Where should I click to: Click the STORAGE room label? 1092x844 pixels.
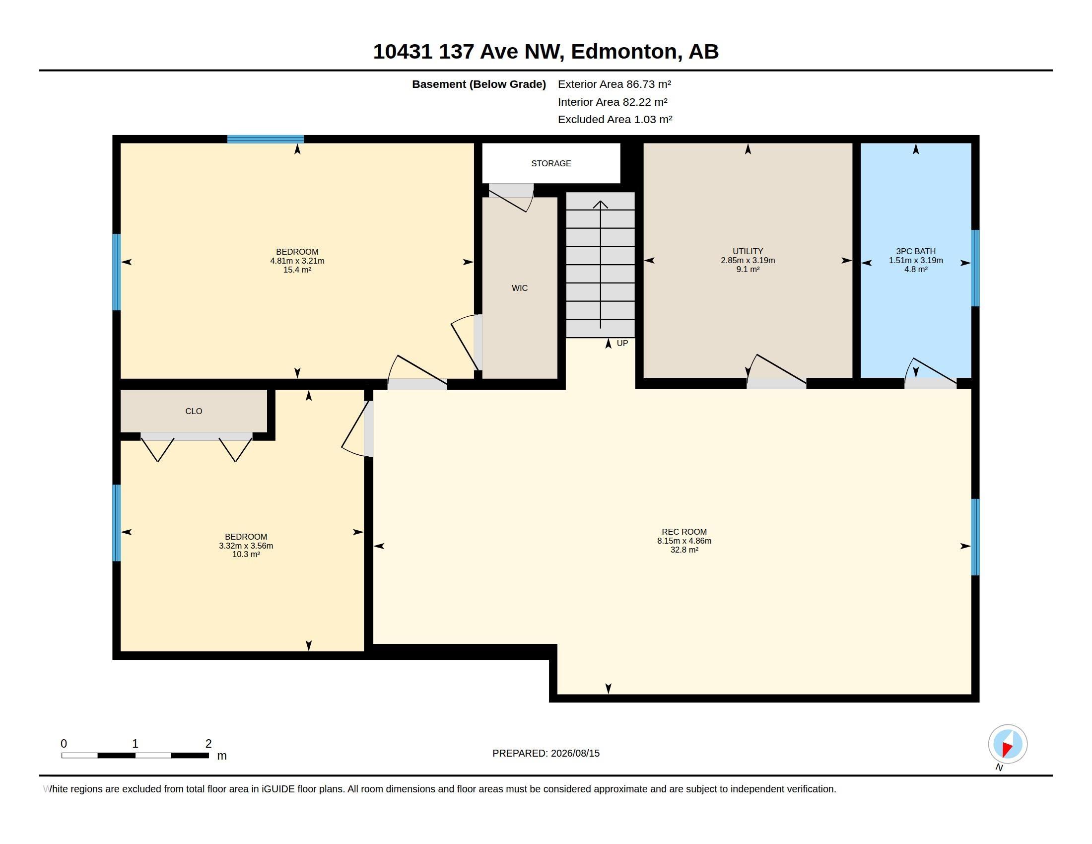[551, 163]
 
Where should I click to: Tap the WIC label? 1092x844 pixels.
[520, 288]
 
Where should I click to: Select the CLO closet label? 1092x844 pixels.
[194, 411]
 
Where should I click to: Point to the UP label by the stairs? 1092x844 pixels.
[622, 343]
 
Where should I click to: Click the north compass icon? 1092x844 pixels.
[1008, 745]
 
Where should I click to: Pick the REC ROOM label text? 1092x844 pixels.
[684, 532]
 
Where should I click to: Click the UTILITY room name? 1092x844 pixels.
[748, 252]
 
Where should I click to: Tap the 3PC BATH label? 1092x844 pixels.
[915, 252]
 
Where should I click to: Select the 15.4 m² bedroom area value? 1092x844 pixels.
[297, 270]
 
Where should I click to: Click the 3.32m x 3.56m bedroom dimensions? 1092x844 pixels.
[246, 546]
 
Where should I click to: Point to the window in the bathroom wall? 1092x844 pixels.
[975, 268]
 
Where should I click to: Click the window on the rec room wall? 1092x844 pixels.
[975, 537]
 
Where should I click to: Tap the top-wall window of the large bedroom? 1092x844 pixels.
[266, 139]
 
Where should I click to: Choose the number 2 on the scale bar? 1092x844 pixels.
[208, 744]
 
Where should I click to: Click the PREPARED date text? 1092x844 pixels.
[546, 753]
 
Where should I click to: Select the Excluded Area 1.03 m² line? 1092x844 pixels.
[615, 120]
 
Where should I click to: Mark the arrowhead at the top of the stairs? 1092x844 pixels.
[600, 205]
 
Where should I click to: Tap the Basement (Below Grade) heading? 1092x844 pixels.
[478, 84]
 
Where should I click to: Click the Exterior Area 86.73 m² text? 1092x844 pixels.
[614, 84]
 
